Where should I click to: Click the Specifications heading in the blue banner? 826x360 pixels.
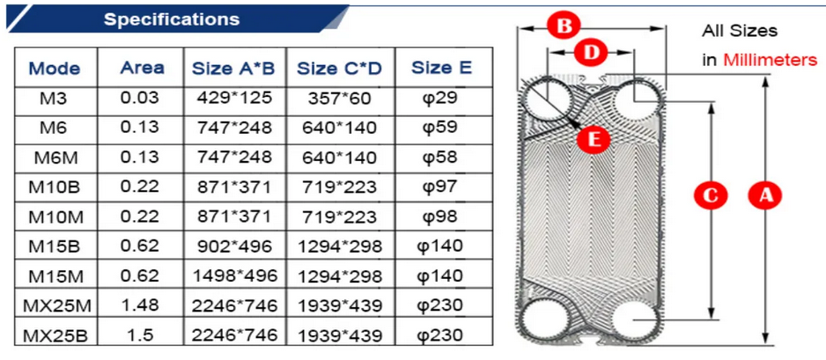[x=172, y=19]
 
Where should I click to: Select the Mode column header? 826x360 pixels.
[x=55, y=69]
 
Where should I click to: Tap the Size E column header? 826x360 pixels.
[x=441, y=68]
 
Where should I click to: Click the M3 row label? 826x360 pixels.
[x=55, y=98]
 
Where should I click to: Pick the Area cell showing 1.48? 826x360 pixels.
[x=140, y=305]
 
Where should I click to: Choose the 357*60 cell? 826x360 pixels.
[x=340, y=99]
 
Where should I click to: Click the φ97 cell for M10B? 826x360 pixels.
[x=441, y=187]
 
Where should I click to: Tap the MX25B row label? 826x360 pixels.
[x=55, y=335]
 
